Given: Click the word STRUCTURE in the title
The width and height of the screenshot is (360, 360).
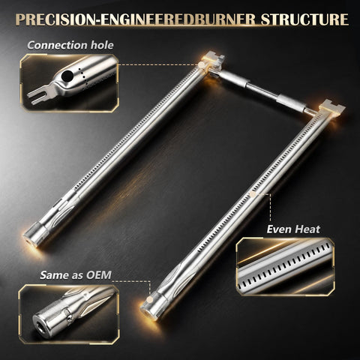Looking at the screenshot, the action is (x=304, y=19).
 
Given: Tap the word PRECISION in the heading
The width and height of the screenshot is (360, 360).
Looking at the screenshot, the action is (x=55, y=19).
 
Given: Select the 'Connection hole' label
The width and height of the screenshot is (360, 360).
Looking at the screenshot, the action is (x=70, y=45).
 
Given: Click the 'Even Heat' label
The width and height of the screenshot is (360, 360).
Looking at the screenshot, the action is (x=293, y=229).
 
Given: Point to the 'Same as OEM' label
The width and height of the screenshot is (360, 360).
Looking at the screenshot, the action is (x=76, y=275).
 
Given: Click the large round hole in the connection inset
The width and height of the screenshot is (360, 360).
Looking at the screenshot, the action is (x=67, y=76).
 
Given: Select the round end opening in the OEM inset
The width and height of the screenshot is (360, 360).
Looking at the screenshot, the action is (x=40, y=325).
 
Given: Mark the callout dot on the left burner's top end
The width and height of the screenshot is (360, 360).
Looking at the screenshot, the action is (x=201, y=65).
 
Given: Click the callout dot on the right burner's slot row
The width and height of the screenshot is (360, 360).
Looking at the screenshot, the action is (x=253, y=194).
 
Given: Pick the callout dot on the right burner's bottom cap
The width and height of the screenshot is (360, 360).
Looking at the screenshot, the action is (x=149, y=299).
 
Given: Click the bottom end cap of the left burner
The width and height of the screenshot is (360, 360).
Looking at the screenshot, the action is (x=36, y=234).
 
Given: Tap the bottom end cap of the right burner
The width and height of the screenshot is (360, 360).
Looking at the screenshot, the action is (x=152, y=307).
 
